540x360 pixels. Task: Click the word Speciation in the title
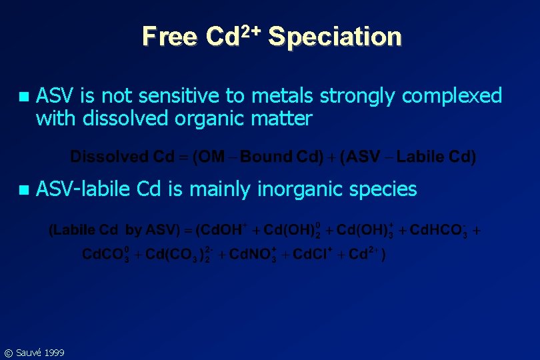click(335, 37)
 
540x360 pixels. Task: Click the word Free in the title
click(169, 37)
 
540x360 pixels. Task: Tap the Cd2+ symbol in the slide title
click(233, 35)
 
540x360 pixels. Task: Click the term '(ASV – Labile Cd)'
click(408, 157)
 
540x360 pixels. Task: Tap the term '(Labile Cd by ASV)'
click(113, 231)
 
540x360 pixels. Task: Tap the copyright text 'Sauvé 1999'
click(40, 352)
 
